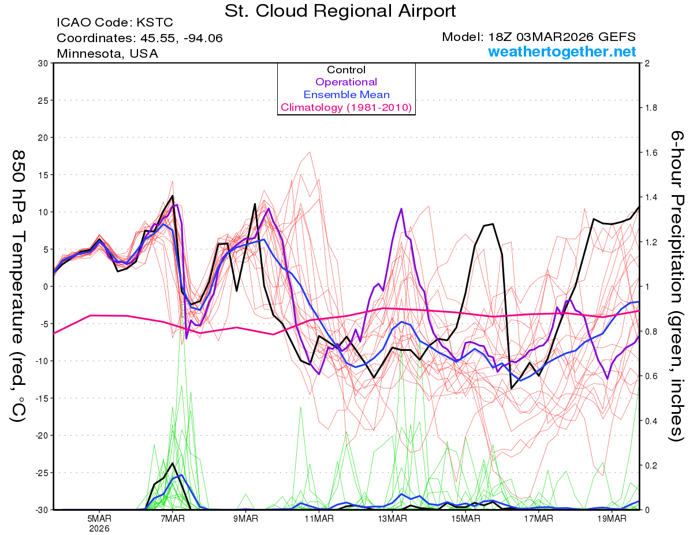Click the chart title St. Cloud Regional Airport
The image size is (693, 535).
tap(340, 11)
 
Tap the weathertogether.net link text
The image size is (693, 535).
tap(562, 51)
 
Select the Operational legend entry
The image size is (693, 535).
tap(346, 82)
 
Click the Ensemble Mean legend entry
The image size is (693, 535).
tap(346, 95)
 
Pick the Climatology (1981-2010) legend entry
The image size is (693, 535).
tap(346, 107)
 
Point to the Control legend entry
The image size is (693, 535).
tap(346, 70)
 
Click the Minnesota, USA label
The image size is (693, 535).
tap(107, 53)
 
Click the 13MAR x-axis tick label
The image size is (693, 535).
tap(392, 518)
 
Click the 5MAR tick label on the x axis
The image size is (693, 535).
tap(99, 518)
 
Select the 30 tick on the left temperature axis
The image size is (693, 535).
tap(43, 63)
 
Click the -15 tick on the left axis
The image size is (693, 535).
tap(41, 398)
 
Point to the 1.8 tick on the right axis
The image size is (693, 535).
tap(651, 108)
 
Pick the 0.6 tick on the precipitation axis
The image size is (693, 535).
tap(651, 376)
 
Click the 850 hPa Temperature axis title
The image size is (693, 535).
tap(18, 286)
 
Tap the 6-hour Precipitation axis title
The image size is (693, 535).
tap(677, 286)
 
